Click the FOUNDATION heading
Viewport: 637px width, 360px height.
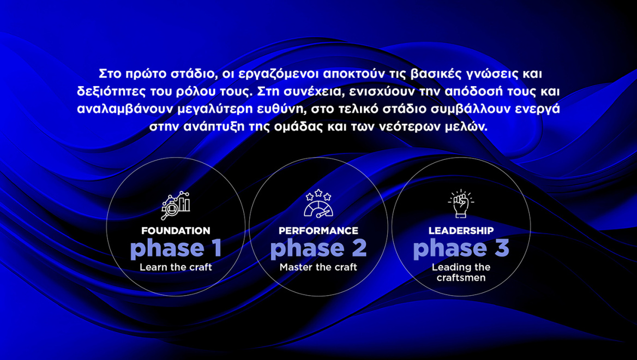pyautogui.click(x=176, y=231)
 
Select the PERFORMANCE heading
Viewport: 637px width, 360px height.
pyautogui.click(x=318, y=231)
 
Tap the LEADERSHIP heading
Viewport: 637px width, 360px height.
pyautogui.click(x=461, y=231)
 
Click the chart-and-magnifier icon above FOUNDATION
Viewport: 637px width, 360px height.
pyautogui.click(x=176, y=205)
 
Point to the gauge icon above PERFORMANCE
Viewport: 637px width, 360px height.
pyautogui.click(x=318, y=204)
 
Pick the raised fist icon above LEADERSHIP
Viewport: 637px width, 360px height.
pyautogui.click(x=461, y=203)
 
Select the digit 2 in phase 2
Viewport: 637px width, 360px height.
pyautogui.click(x=357, y=249)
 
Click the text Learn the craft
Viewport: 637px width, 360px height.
pyautogui.click(x=176, y=267)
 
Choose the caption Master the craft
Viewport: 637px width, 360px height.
pyautogui.click(x=318, y=267)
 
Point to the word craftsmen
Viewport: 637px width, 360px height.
pyautogui.click(x=461, y=278)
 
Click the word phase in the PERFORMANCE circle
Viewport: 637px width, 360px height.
pyautogui.click(x=299, y=249)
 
